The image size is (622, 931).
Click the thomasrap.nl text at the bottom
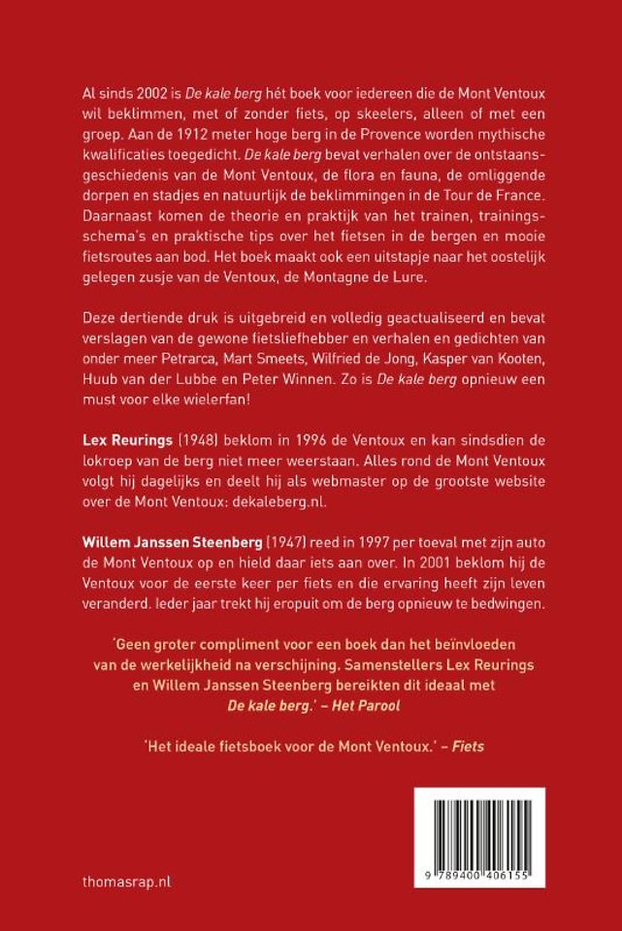tap(119, 883)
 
